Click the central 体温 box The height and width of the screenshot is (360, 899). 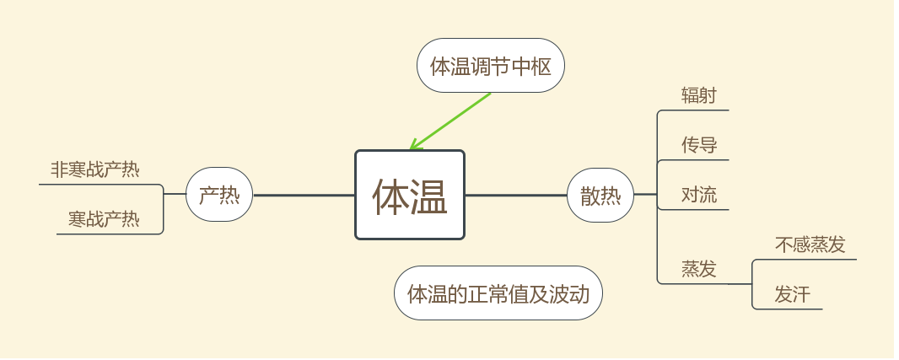(409, 195)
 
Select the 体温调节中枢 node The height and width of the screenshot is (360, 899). (491, 65)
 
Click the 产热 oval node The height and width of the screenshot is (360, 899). (219, 195)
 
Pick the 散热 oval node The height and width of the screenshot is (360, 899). (600, 195)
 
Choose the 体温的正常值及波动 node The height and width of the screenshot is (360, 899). (498, 293)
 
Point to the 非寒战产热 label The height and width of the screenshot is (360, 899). (95, 169)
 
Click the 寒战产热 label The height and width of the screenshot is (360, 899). (104, 220)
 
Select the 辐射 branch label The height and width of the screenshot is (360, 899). (699, 95)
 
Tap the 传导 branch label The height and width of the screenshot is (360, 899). (699, 145)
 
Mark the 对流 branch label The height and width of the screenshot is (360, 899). (699, 195)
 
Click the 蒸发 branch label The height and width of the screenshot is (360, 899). (699, 269)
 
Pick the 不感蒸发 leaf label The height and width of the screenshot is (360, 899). (810, 244)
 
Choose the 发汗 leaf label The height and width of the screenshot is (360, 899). (792, 294)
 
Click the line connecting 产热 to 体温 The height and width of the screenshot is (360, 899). (304, 195)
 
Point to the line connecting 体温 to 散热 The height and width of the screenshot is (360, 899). (516, 195)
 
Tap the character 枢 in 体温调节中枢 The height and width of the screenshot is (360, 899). (541, 66)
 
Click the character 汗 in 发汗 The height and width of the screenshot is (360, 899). (801, 294)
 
